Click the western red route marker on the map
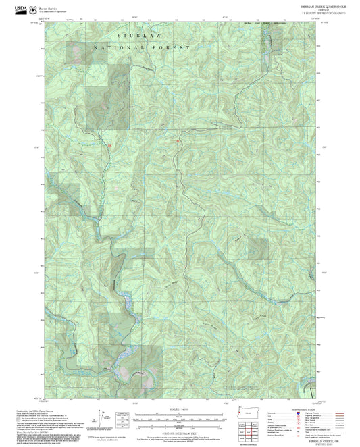click(x=109, y=142)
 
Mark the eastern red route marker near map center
click(x=178, y=141)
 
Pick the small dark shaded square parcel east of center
click(x=257, y=249)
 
